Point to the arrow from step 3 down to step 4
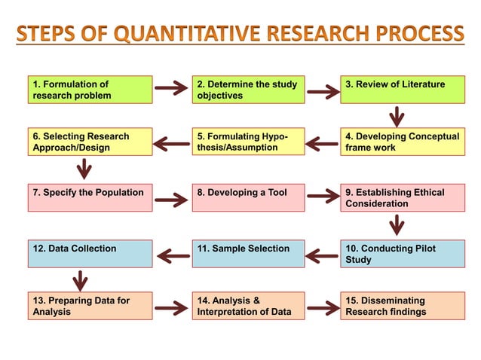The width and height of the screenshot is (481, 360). click(396, 117)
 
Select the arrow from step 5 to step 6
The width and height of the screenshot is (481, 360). click(172, 142)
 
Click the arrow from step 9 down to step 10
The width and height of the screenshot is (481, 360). click(396, 224)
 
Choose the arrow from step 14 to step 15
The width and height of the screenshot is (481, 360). click(323, 307)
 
